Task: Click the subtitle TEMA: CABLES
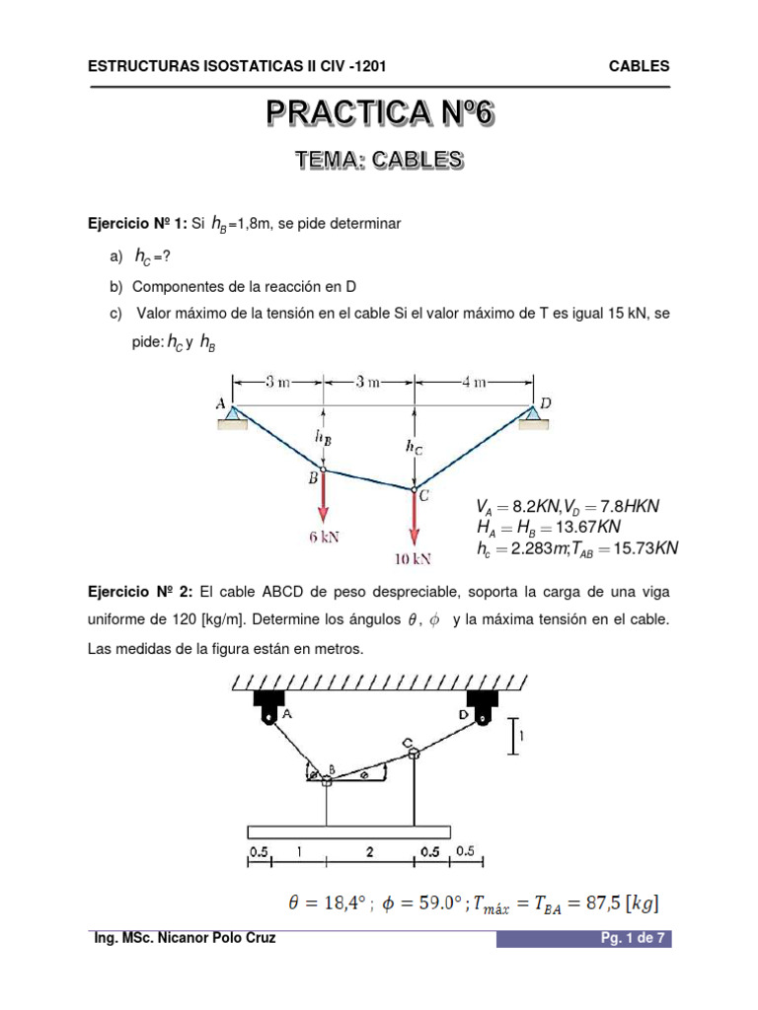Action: (380, 160)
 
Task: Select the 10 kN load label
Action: (413, 558)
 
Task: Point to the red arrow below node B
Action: (323, 498)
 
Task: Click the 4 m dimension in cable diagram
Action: (476, 382)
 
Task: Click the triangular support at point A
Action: (233, 418)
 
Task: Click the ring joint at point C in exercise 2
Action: (413, 754)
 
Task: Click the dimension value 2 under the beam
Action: (370, 850)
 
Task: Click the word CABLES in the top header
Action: (640, 66)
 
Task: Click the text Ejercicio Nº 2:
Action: (140, 592)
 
